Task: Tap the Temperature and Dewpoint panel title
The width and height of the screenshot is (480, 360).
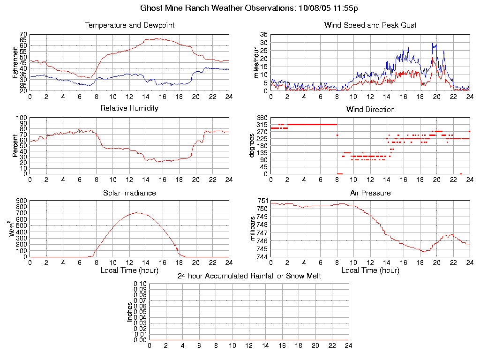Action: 129,25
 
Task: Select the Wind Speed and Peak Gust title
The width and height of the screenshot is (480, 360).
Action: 370,25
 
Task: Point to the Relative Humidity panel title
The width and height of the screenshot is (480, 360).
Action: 129,108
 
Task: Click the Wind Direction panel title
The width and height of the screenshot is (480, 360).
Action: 370,110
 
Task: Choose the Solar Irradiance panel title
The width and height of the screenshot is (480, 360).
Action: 129,193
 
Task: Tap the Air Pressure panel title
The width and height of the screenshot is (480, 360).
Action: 370,193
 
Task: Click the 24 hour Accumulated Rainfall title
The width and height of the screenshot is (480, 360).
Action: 249,276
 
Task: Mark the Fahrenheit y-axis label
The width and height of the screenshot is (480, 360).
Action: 15,62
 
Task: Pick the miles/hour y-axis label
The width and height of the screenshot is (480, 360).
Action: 256,62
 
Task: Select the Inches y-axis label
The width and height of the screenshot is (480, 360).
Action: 129,312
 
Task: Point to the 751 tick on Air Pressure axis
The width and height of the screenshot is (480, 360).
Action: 262,201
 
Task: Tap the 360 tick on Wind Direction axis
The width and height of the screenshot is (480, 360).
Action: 262,118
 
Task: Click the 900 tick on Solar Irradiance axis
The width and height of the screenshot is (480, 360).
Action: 21,201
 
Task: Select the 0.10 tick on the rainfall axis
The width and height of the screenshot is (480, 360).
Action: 140,284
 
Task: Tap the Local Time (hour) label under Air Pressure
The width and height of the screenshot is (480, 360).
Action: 370,270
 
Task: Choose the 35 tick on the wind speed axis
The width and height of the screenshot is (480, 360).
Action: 263,35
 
